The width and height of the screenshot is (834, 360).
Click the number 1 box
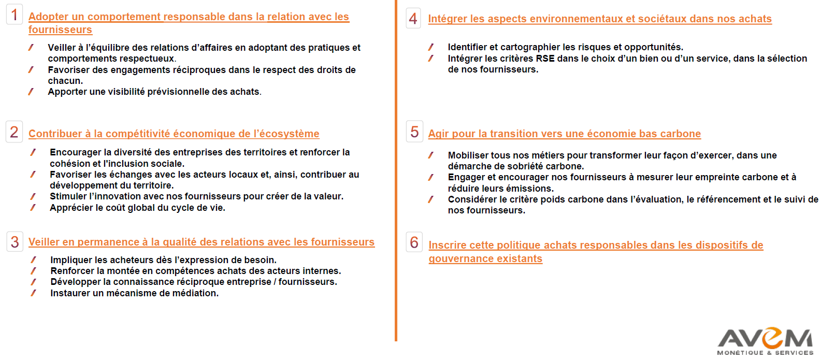[x=14, y=15]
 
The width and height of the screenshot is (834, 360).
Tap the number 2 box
[x=14, y=132]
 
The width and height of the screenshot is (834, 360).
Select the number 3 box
[x=15, y=242]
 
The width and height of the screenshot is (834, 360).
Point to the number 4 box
[x=413, y=19]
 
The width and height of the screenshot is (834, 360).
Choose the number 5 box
[x=414, y=132]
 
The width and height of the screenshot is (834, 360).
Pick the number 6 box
[x=414, y=242]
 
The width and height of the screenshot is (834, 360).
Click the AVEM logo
[x=765, y=341]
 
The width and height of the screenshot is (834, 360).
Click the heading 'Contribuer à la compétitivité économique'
[x=174, y=134]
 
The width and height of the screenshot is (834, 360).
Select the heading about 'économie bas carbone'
[x=564, y=134]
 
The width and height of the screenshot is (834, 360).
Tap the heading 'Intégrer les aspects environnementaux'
[x=599, y=19]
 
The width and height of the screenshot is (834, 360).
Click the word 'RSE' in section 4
[x=545, y=59]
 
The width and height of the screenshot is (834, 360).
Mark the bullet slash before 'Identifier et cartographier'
[x=430, y=47]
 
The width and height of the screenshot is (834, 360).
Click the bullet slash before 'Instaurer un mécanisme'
[x=33, y=293]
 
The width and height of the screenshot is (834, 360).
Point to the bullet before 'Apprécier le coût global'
[x=33, y=208]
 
